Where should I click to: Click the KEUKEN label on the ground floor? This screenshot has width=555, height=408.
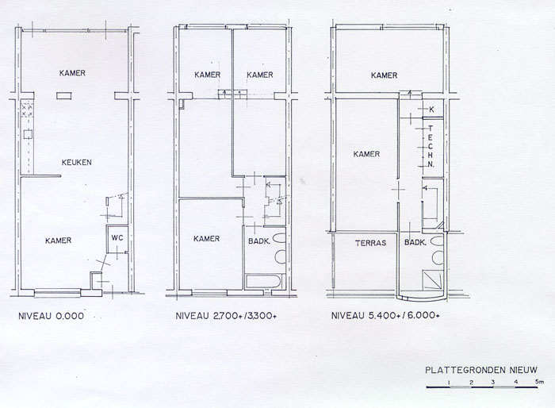(x=76, y=163)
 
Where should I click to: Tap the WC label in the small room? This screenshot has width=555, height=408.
(x=117, y=238)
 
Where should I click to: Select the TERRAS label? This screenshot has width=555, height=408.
(x=370, y=243)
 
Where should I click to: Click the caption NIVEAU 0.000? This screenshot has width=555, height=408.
(x=51, y=316)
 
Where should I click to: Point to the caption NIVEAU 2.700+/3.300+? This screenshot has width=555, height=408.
(x=226, y=316)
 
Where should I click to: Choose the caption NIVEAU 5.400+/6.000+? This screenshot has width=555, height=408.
(x=385, y=315)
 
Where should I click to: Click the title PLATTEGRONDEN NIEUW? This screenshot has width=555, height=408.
(x=481, y=370)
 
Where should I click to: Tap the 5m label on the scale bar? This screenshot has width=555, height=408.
(x=539, y=382)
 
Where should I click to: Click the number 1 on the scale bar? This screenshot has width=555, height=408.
(x=449, y=382)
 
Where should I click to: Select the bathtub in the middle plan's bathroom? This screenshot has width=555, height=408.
(x=265, y=281)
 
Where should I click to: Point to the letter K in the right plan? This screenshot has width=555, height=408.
(x=431, y=110)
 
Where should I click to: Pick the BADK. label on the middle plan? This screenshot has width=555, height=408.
(x=259, y=241)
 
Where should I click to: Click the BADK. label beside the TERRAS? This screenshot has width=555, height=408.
(x=415, y=243)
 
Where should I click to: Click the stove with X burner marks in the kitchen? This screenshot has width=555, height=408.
(x=27, y=110)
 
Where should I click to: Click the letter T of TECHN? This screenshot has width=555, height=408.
(x=431, y=129)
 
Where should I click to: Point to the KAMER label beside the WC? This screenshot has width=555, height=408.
(x=59, y=241)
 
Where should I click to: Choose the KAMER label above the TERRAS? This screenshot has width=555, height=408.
(x=366, y=154)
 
